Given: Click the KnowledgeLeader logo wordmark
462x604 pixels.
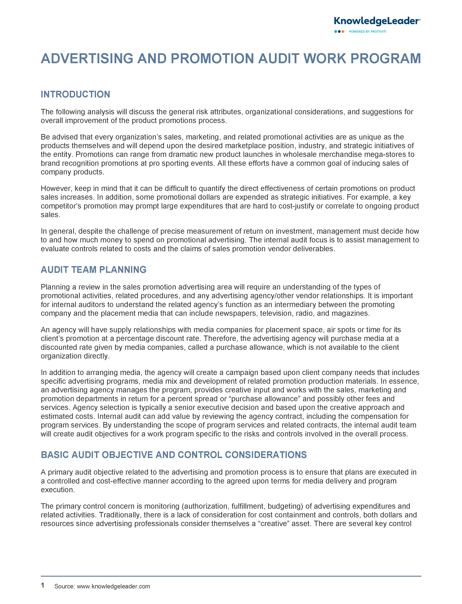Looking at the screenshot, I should (377, 21).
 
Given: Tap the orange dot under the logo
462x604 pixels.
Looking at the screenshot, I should (343, 32).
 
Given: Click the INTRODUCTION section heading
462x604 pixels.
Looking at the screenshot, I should (75, 94).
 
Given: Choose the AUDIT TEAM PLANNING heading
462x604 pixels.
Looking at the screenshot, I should (93, 270).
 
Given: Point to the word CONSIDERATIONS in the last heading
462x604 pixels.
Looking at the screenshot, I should (266, 455).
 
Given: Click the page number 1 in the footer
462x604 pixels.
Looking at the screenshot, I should (43, 585).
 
